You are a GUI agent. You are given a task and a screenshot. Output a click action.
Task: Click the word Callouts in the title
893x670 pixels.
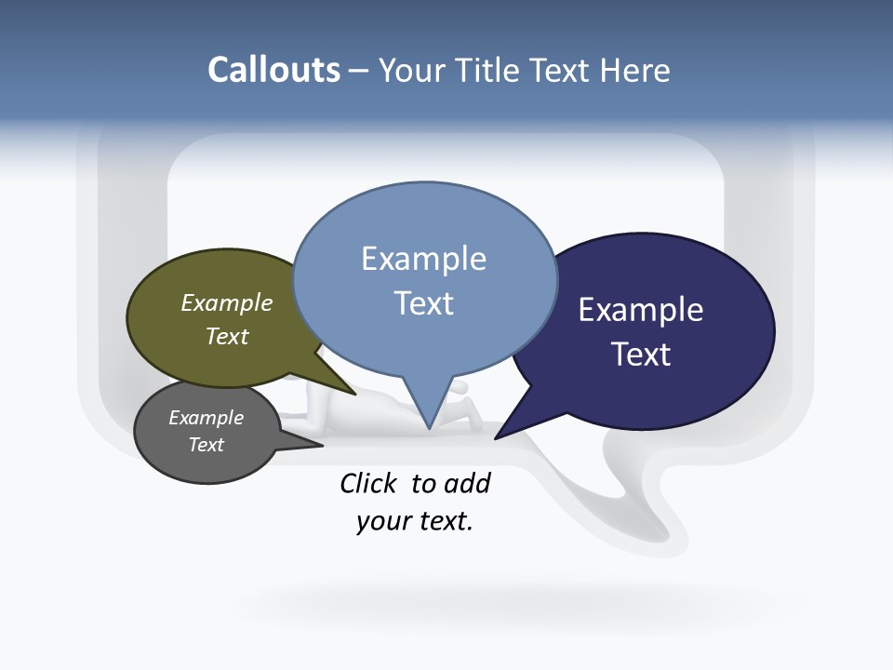pos(273,70)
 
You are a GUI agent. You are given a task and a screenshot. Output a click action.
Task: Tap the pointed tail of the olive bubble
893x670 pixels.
pos(353,393)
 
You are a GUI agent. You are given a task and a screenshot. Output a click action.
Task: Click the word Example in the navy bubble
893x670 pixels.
pos(641,310)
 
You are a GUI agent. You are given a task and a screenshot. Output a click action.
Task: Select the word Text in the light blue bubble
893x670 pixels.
pos(424,303)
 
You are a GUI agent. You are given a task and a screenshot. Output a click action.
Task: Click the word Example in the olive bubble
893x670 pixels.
pos(227,302)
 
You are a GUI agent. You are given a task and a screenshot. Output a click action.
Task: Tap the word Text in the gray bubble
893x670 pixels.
pos(207,445)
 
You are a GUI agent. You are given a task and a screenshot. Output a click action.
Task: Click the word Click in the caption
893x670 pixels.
pos(370,483)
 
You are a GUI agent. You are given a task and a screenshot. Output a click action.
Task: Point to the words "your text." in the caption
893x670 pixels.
pos(415,521)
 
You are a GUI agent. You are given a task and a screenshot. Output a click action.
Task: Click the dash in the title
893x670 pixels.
pos(359,70)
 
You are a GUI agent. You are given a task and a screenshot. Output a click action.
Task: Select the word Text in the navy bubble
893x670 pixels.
pos(641,355)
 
